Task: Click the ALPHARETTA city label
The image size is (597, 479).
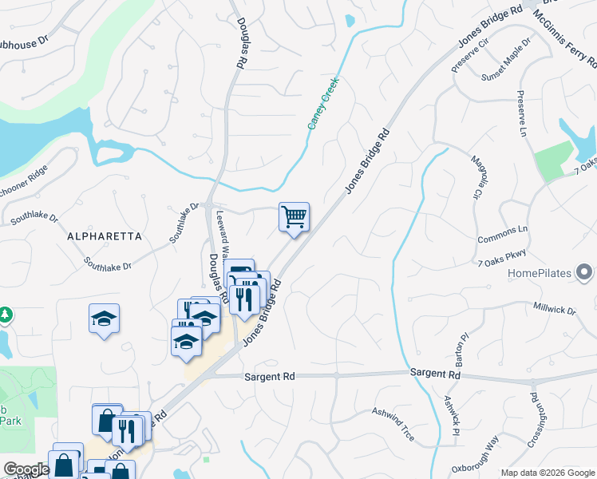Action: (x=105, y=236)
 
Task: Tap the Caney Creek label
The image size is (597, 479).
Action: (x=324, y=103)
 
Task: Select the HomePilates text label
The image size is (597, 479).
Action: (x=540, y=274)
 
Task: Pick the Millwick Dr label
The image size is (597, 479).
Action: (x=554, y=309)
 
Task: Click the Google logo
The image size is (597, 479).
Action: (x=26, y=469)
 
